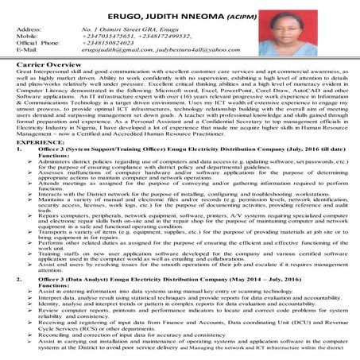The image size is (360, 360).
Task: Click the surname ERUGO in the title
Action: click(x=124, y=10)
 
